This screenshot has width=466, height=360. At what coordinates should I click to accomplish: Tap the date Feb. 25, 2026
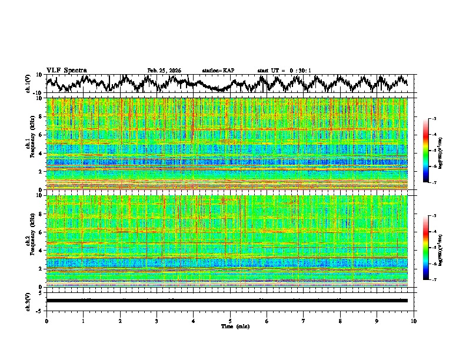click(x=164, y=71)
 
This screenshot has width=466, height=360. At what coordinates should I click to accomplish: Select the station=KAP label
click(x=218, y=71)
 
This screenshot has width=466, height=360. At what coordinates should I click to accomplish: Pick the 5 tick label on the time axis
click(x=230, y=321)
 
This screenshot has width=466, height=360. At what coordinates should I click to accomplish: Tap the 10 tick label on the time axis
click(x=414, y=321)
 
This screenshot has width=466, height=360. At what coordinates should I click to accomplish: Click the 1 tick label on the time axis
click(x=83, y=321)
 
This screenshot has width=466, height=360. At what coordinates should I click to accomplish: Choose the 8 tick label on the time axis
click(x=340, y=321)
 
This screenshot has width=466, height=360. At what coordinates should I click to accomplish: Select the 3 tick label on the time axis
click(x=157, y=321)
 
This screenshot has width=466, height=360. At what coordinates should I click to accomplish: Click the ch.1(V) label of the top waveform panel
click(x=28, y=84)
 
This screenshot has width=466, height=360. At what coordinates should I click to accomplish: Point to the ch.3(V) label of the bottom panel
click(x=28, y=300)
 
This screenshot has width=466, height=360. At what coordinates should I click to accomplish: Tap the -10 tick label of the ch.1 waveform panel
click(x=37, y=93)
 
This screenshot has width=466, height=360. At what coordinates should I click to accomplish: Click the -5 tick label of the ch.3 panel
click(x=39, y=309)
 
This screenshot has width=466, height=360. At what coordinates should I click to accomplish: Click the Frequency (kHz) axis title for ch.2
click(x=28, y=241)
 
